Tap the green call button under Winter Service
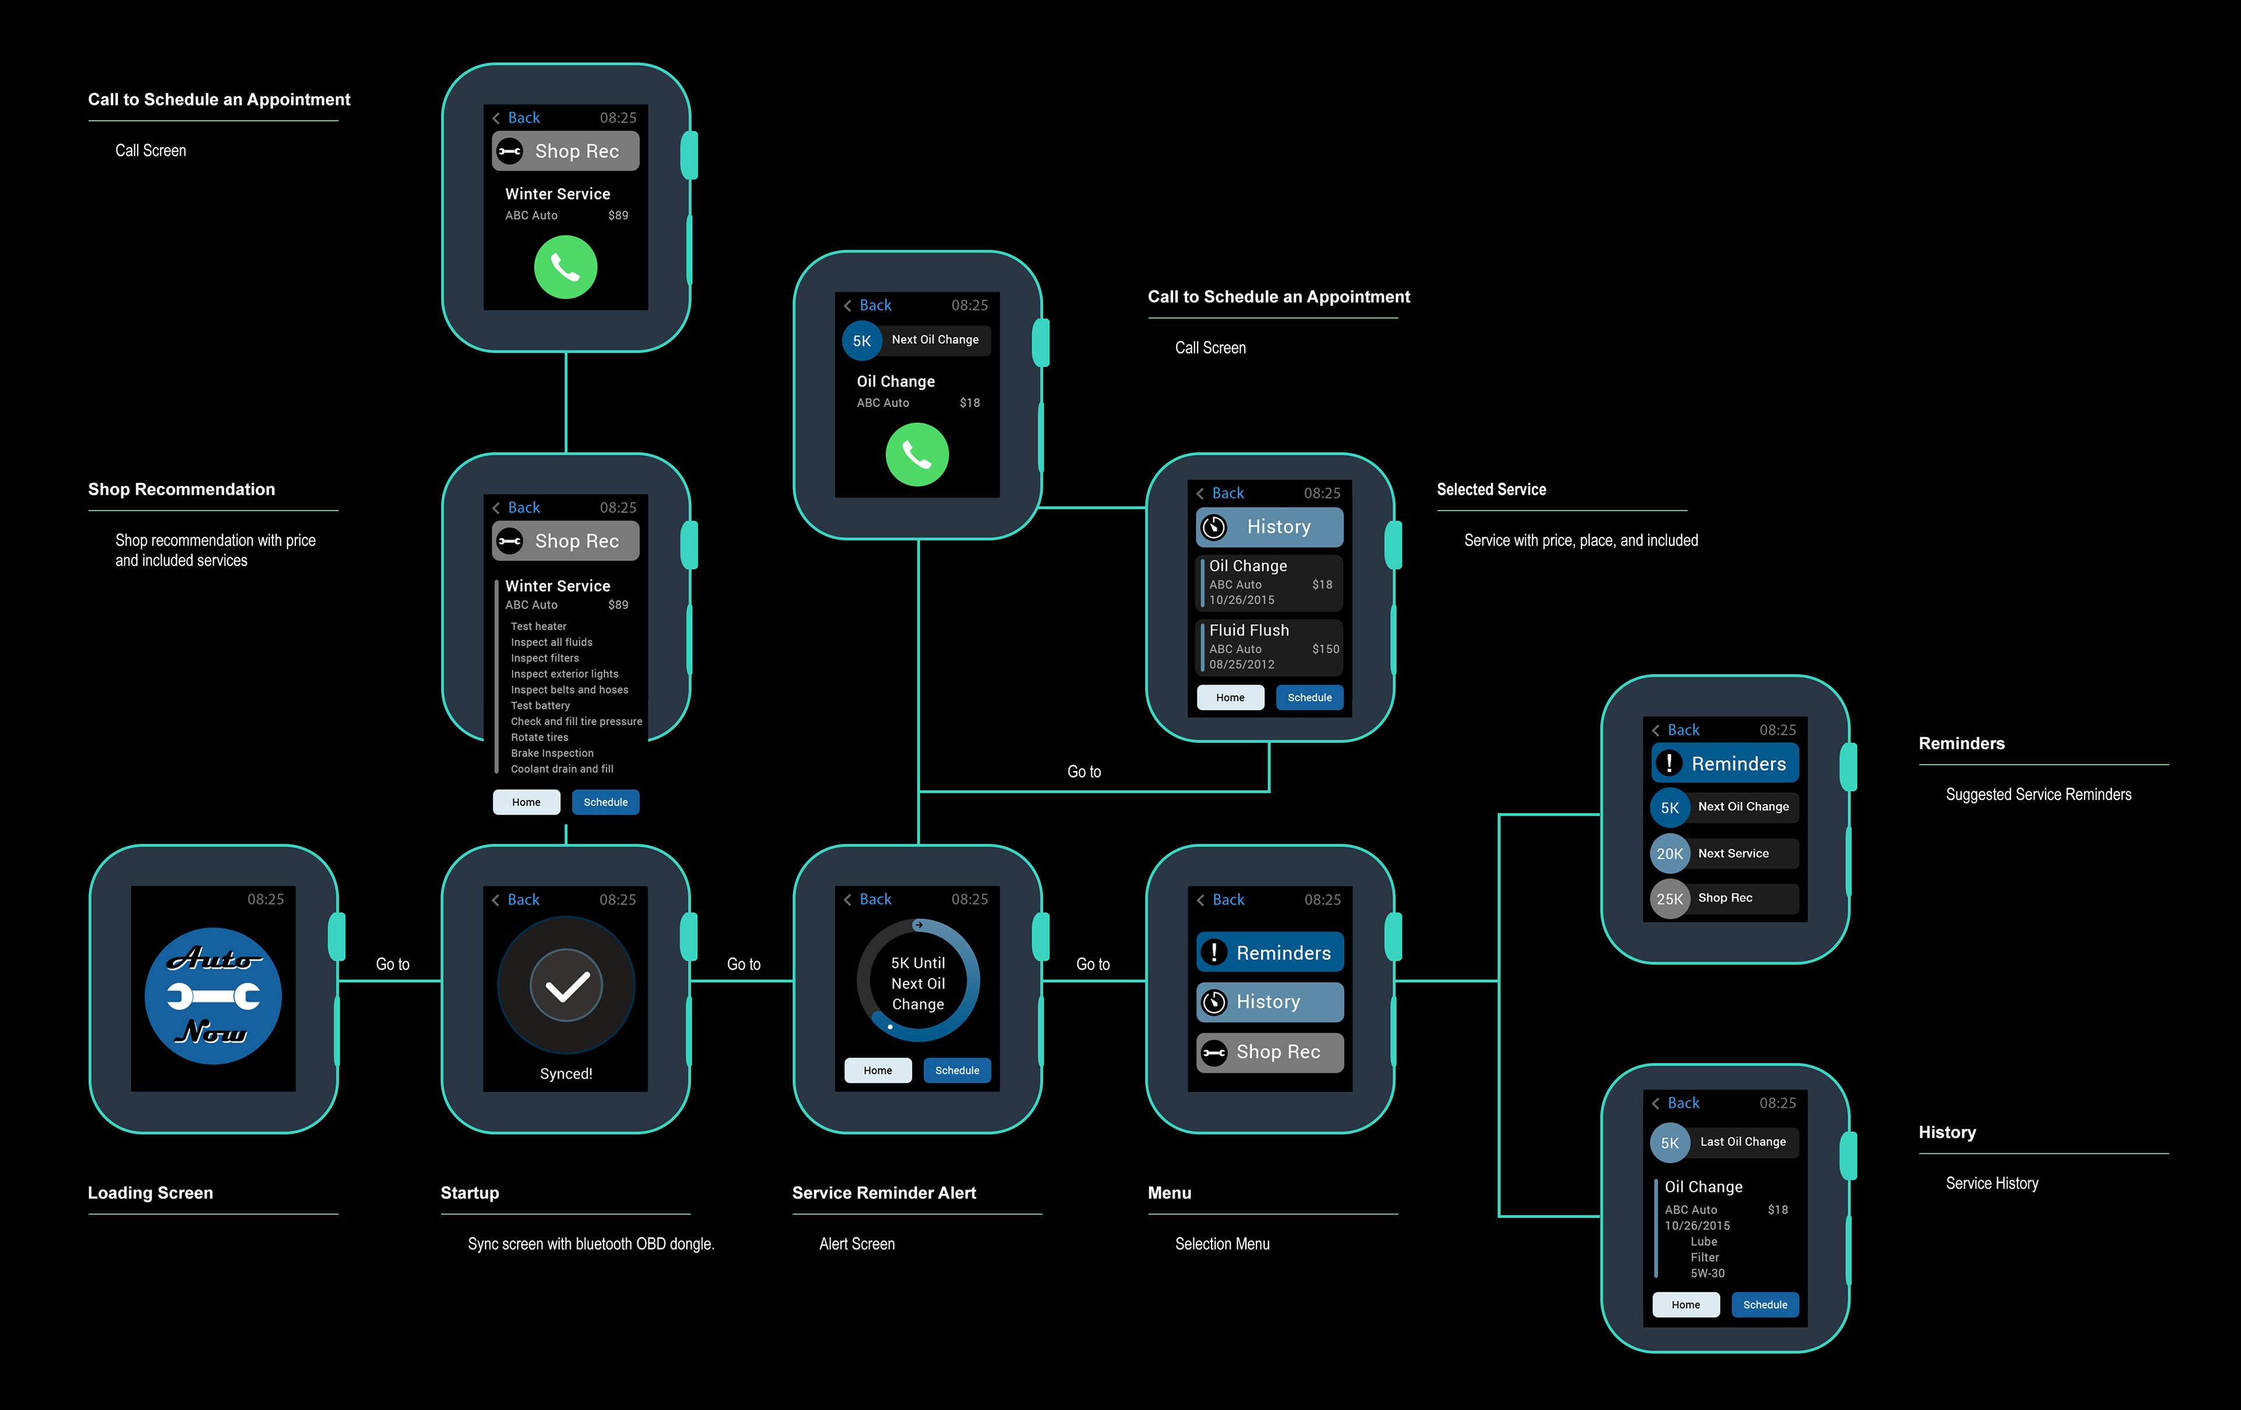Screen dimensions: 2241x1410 [565, 267]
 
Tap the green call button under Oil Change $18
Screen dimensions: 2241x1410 [917, 455]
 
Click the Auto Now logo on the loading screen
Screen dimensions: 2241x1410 [213, 995]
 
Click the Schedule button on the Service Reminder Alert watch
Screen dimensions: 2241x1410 [957, 1070]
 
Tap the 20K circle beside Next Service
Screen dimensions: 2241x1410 [1670, 853]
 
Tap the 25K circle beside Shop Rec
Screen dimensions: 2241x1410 [1670, 899]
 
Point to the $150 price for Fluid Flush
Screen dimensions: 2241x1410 [1325, 649]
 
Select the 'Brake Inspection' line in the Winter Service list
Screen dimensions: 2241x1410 [552, 753]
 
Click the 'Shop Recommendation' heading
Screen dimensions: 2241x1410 [181, 490]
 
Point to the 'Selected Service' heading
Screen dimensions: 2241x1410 [1491, 490]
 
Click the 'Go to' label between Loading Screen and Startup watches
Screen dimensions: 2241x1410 [392, 964]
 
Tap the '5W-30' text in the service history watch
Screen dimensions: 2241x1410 [1707, 1273]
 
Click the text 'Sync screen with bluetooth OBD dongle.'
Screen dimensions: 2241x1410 [591, 1244]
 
